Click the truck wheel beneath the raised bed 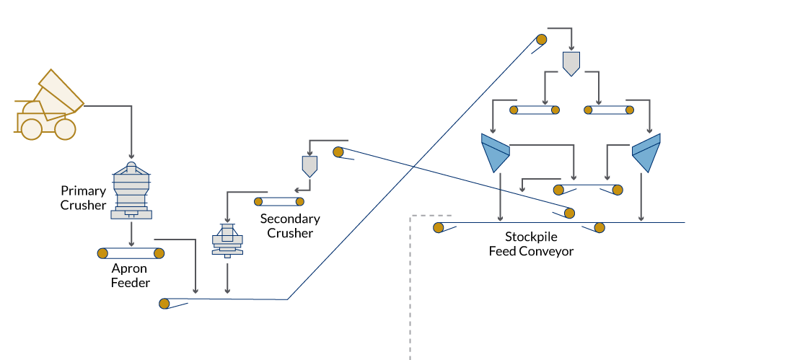tap(32, 129)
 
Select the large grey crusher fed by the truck tap(131, 191)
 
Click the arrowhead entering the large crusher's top tap(131, 156)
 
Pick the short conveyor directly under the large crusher tap(131, 253)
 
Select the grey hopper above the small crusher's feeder tap(309, 166)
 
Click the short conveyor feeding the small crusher tap(279, 202)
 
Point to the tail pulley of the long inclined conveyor tap(164, 304)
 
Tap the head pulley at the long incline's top tap(542, 40)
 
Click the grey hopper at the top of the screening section tap(571, 63)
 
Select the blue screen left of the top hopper tap(495, 152)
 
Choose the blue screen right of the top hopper tap(646, 152)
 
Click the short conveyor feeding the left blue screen tap(535, 110)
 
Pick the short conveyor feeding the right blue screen tap(609, 110)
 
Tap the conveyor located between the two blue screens tap(588, 190)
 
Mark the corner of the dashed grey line tap(410, 216)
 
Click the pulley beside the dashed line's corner tap(439, 228)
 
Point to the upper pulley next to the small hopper tap(338, 152)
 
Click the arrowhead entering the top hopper tap(571, 48)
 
